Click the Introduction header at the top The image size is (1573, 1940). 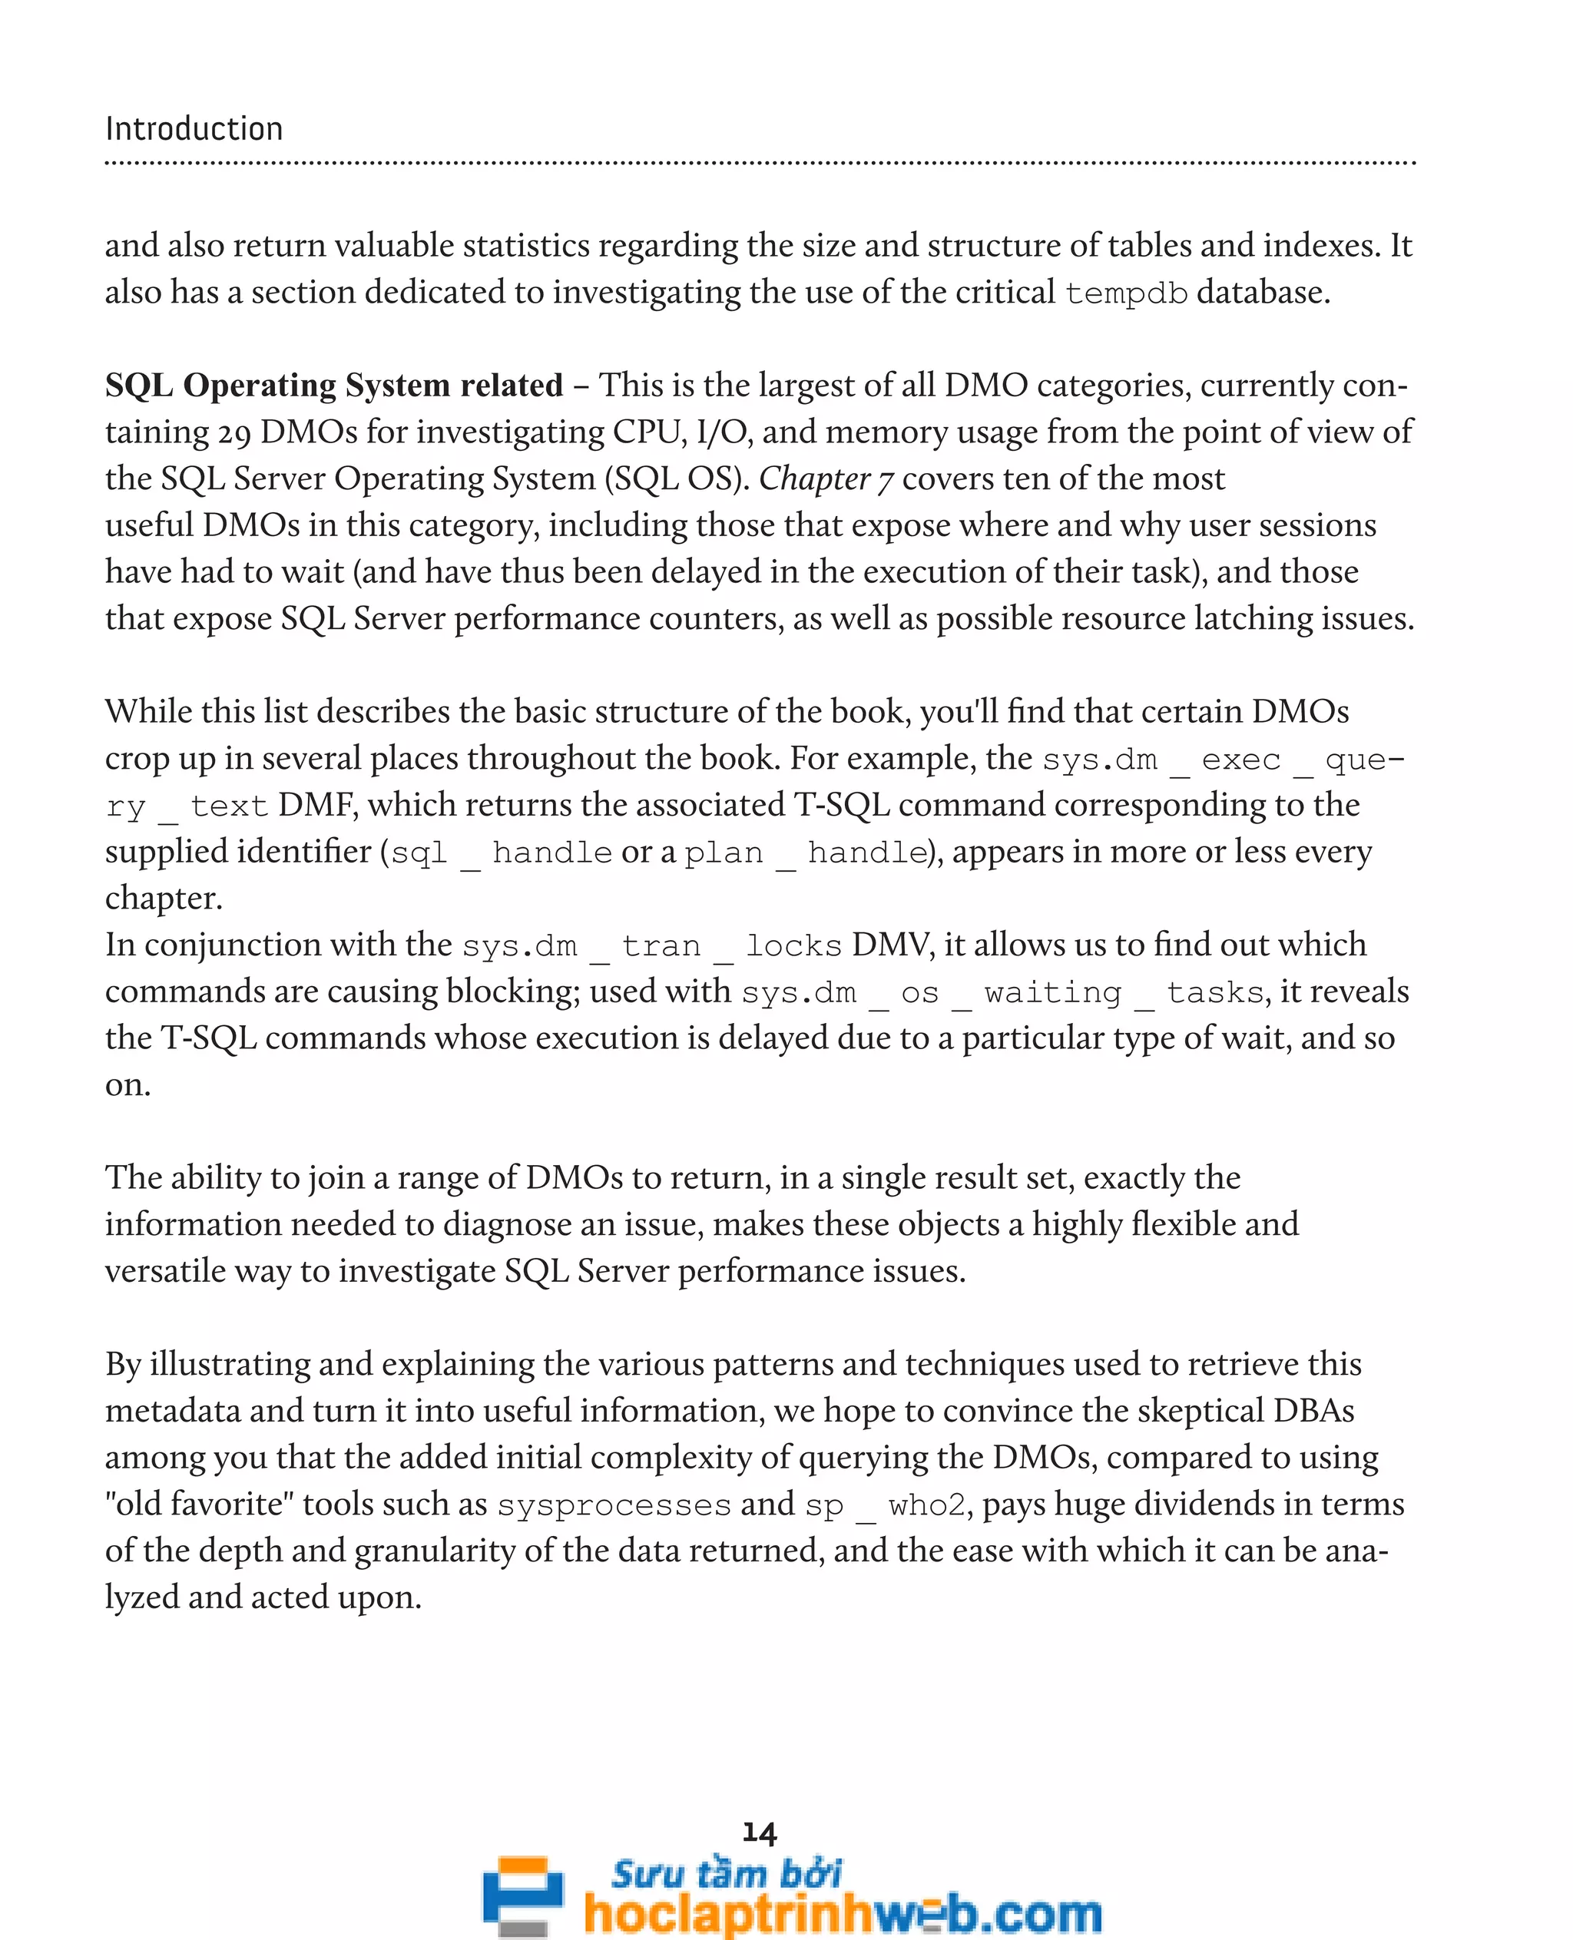click(194, 129)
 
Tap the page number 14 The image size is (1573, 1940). click(760, 1833)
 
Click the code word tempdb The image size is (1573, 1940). click(1125, 293)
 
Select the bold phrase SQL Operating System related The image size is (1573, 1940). click(333, 385)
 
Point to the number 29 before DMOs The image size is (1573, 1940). click(233, 432)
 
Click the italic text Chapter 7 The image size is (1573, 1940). click(826, 478)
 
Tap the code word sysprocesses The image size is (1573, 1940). click(614, 1505)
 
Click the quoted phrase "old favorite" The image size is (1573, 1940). click(200, 1505)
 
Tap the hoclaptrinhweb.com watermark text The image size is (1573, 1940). click(843, 1913)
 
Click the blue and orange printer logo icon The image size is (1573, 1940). click(523, 1895)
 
